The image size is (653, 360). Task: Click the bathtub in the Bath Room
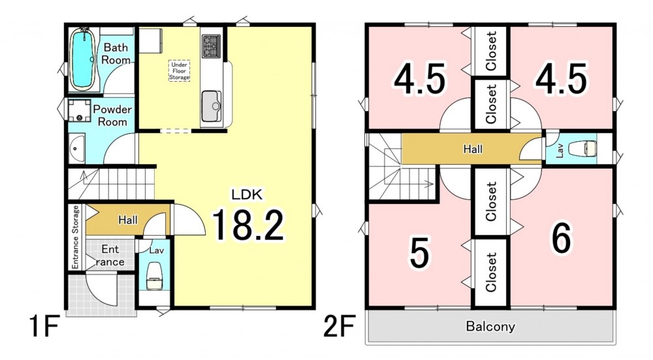pos(84,59)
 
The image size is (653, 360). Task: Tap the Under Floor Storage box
pos(180,71)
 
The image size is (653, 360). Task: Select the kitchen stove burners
pos(211,46)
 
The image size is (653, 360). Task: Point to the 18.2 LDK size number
pos(248,225)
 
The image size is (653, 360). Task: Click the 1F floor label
pos(43,326)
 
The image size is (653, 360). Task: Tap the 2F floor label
pos(340,326)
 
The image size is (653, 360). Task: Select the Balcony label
pos(490,326)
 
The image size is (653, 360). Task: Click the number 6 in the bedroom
pos(562,238)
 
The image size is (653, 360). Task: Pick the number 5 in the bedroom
pos(419,253)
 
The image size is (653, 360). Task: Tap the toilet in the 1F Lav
pos(155,276)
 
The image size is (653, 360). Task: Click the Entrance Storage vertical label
pos(75,237)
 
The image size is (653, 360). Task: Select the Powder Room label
pos(112,116)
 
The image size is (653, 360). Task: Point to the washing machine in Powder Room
pos(80,110)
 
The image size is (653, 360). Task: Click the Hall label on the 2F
pos(473,149)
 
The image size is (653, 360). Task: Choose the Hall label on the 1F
pos(127,220)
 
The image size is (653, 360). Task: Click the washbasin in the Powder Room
pos(76,149)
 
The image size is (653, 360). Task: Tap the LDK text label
pos(247,194)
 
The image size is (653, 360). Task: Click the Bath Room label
pos(116,54)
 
